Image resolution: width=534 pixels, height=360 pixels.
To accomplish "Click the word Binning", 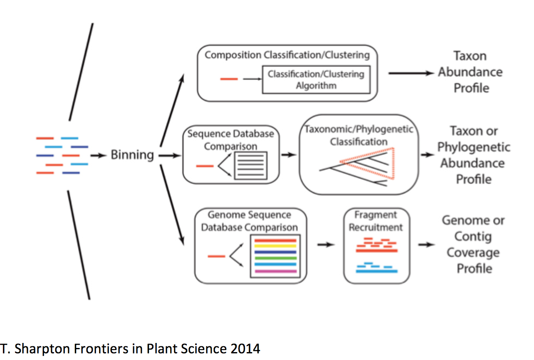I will point(132,155).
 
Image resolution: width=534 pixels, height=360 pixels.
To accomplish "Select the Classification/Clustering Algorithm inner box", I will point(316,80).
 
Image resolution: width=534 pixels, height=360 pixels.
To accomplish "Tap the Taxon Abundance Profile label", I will point(470,72).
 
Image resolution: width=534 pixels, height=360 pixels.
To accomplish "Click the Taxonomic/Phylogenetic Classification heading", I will point(359,135).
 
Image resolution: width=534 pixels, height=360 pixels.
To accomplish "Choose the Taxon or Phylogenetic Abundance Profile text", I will point(474,155).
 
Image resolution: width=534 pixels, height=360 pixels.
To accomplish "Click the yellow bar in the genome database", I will point(275,246).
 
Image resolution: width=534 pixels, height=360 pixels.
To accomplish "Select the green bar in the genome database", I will point(275,258).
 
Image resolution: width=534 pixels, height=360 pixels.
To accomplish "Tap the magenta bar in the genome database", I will point(275,271).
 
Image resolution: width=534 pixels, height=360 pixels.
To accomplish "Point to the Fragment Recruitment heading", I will point(376,221).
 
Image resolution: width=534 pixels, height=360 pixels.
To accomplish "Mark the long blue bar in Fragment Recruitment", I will point(377,271).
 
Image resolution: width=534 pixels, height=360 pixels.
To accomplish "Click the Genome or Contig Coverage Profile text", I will point(473,244).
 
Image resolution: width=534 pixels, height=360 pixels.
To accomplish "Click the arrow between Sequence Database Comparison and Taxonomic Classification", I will point(289,155).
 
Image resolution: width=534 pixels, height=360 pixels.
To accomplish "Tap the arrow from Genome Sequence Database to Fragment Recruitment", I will point(326,244).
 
